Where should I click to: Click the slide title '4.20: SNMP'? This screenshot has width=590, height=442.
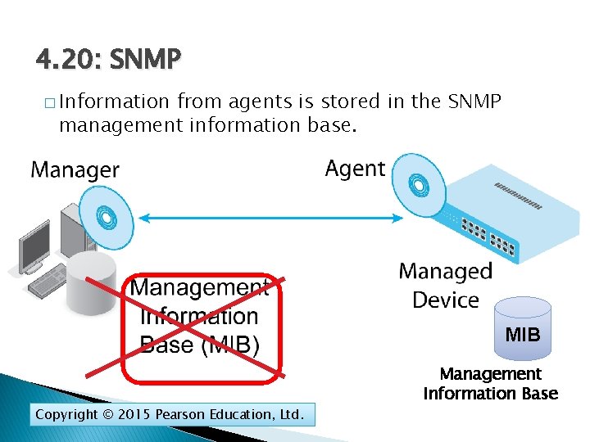coord(108,60)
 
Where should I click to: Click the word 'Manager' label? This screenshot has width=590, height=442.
coord(75,170)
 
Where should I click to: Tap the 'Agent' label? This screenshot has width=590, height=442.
coord(354,169)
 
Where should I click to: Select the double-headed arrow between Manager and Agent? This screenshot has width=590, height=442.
coord(270,219)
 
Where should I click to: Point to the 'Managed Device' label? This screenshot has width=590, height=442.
coord(445,285)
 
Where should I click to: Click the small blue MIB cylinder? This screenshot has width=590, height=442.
coord(522,330)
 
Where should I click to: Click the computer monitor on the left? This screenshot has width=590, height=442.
coord(36,246)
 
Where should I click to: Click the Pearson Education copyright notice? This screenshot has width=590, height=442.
coord(170,415)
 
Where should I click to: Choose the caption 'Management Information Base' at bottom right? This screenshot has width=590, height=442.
coord(490,384)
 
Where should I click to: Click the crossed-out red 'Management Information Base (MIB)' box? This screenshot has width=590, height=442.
coord(202,327)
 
